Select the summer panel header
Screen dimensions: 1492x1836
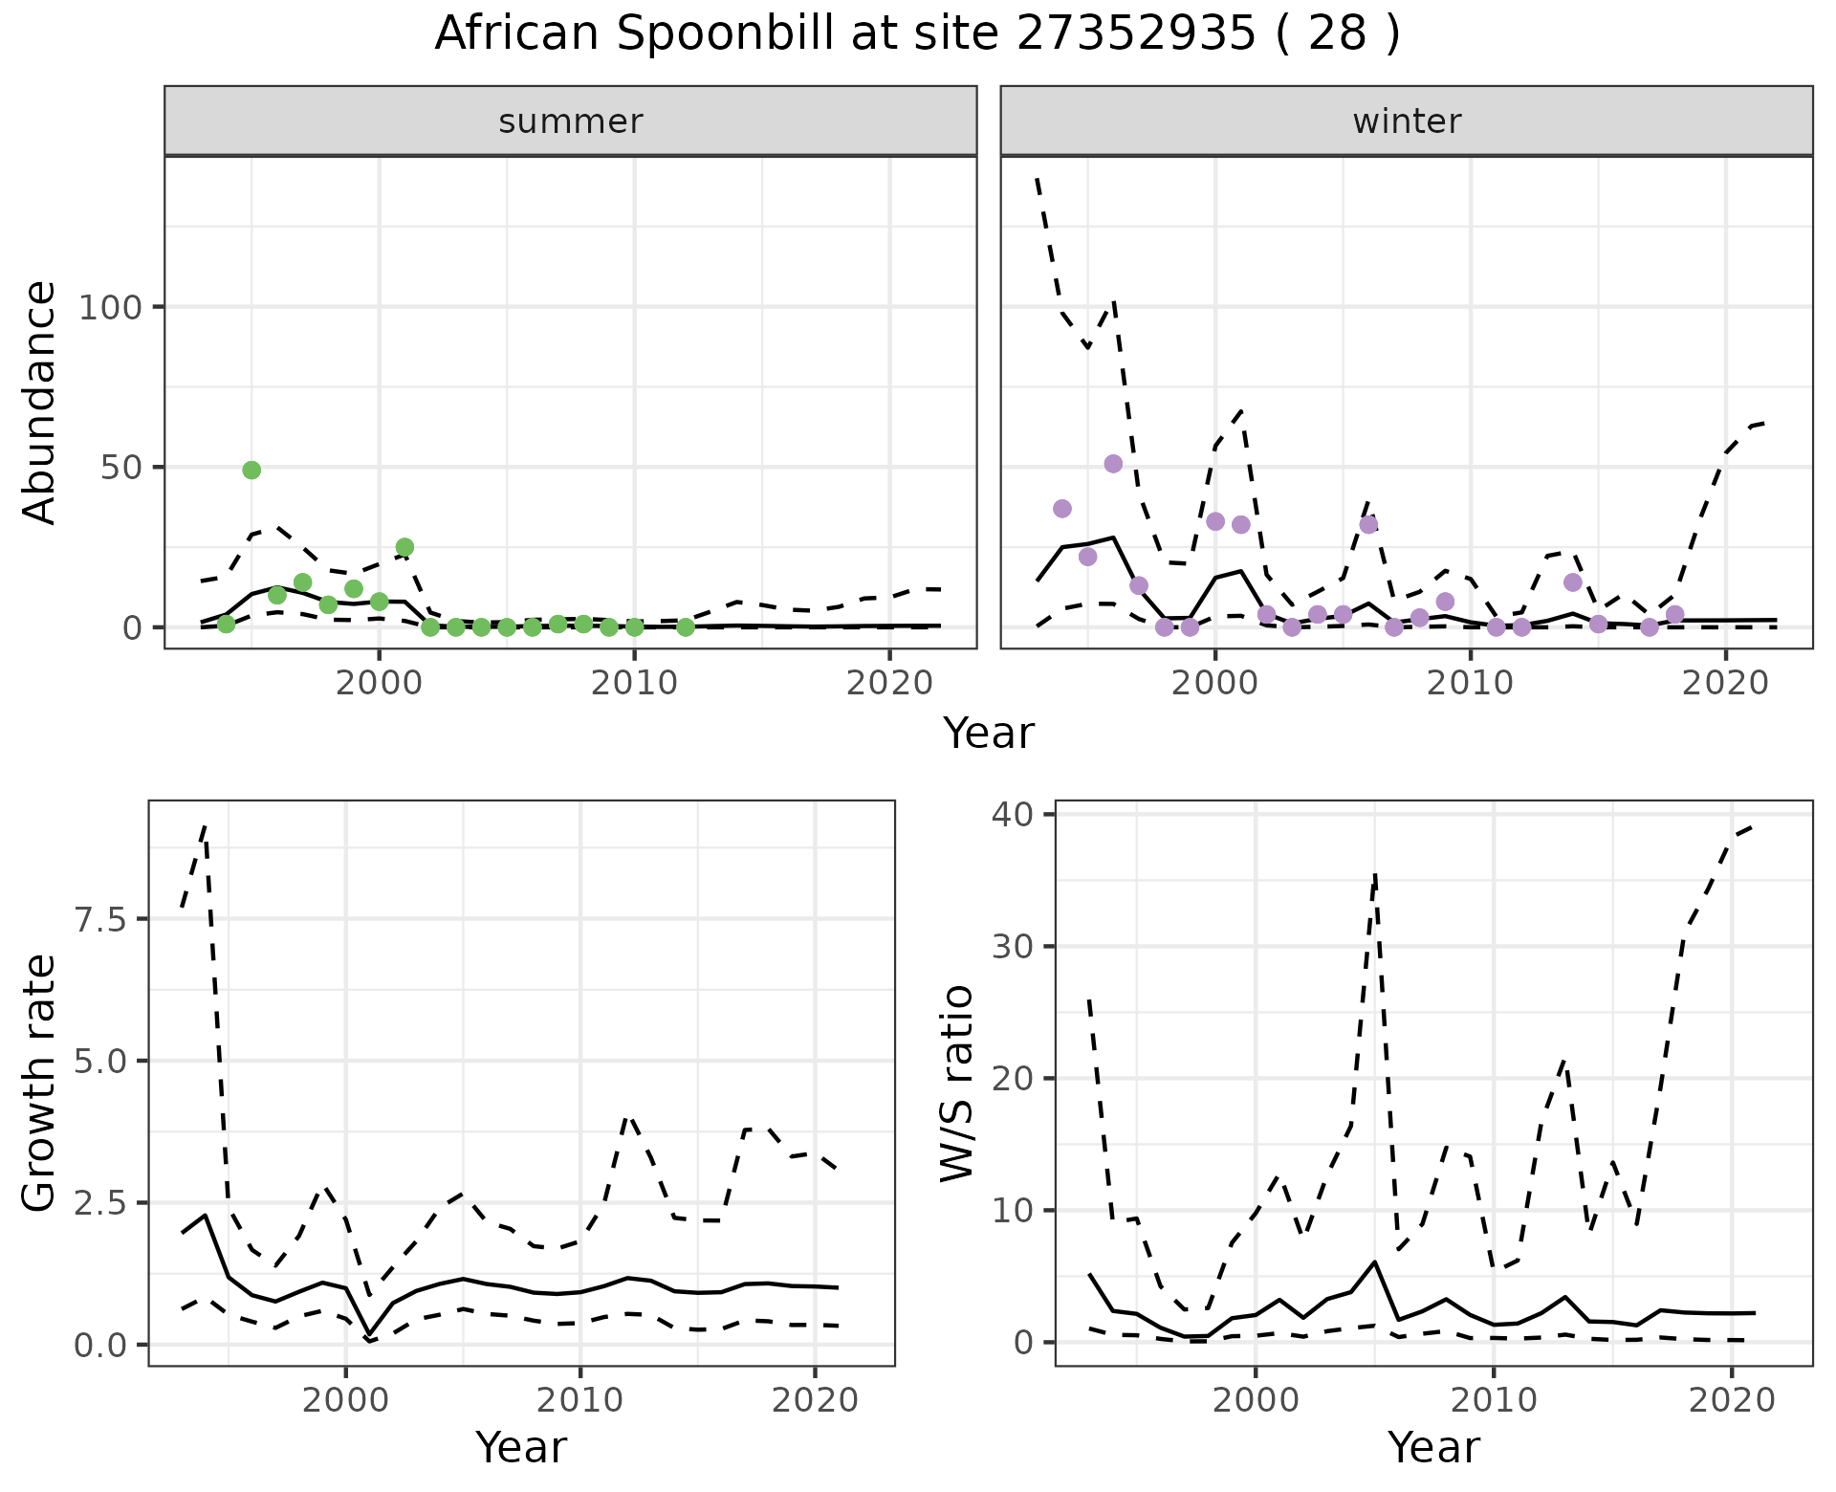click(571, 121)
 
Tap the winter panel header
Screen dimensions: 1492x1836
click(1407, 121)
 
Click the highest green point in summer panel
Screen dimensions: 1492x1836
click(251, 470)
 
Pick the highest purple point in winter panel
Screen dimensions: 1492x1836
click(1113, 464)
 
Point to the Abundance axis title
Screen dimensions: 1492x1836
click(40, 403)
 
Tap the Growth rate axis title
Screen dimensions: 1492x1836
click(40, 1084)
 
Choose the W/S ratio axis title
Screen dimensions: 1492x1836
click(956, 1084)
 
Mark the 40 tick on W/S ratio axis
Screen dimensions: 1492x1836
click(1018, 815)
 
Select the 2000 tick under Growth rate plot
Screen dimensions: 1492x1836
click(345, 1401)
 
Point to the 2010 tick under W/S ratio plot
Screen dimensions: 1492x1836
click(1493, 1401)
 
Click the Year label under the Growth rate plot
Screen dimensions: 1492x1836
click(521, 1447)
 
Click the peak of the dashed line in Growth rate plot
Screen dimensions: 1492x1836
click(205, 825)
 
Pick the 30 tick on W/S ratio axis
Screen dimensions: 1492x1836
click(1018, 947)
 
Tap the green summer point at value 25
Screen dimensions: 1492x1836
click(404, 547)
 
